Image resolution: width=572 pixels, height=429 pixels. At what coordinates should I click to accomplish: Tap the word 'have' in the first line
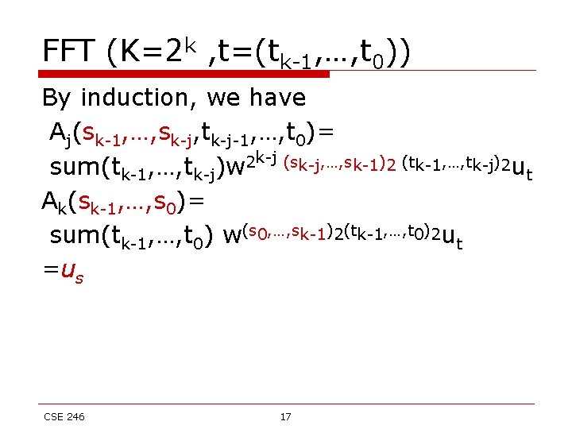(274, 98)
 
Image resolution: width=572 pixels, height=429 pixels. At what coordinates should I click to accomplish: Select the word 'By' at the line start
(56, 98)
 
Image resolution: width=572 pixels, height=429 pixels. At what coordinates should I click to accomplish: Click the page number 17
(285, 416)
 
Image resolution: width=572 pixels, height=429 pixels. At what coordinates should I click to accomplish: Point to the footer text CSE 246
(64, 416)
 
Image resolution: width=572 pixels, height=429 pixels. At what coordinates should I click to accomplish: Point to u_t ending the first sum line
(522, 169)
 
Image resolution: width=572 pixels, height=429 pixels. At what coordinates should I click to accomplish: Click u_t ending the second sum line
(451, 238)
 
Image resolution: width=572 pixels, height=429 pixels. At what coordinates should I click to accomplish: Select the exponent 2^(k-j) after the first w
(260, 160)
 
